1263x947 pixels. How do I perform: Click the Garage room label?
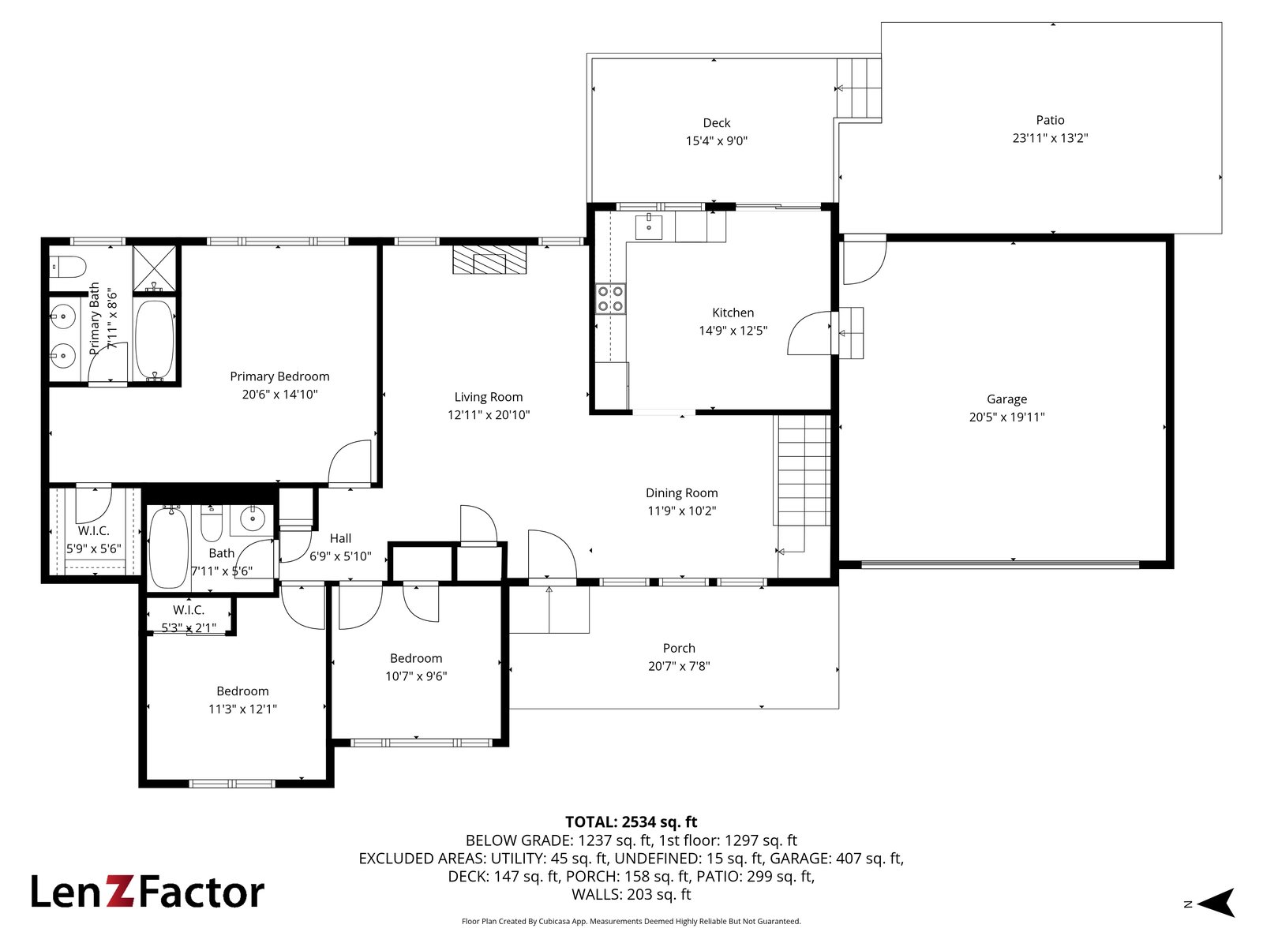pos(1006,399)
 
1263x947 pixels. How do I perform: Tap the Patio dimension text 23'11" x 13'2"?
pos(1050,138)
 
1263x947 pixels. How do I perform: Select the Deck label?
pos(717,122)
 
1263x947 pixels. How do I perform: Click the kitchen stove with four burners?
pos(610,298)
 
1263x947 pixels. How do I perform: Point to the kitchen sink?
pos(649,226)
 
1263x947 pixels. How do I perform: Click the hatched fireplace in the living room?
pos(489,260)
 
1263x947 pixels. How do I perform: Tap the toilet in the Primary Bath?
pos(68,267)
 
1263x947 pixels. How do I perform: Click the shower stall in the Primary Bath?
pos(154,268)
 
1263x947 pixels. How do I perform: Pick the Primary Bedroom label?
pos(279,376)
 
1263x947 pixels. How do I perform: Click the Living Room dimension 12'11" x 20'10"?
pos(489,414)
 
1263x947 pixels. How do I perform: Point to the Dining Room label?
pos(681,492)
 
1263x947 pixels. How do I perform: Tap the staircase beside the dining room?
pos(804,470)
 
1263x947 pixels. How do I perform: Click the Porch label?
pos(679,648)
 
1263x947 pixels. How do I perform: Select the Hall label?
pos(340,538)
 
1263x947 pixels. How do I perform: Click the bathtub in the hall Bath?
pos(169,548)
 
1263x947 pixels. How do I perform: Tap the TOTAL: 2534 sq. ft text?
pos(631,822)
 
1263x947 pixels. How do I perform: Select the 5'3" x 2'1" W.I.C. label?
pos(189,628)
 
